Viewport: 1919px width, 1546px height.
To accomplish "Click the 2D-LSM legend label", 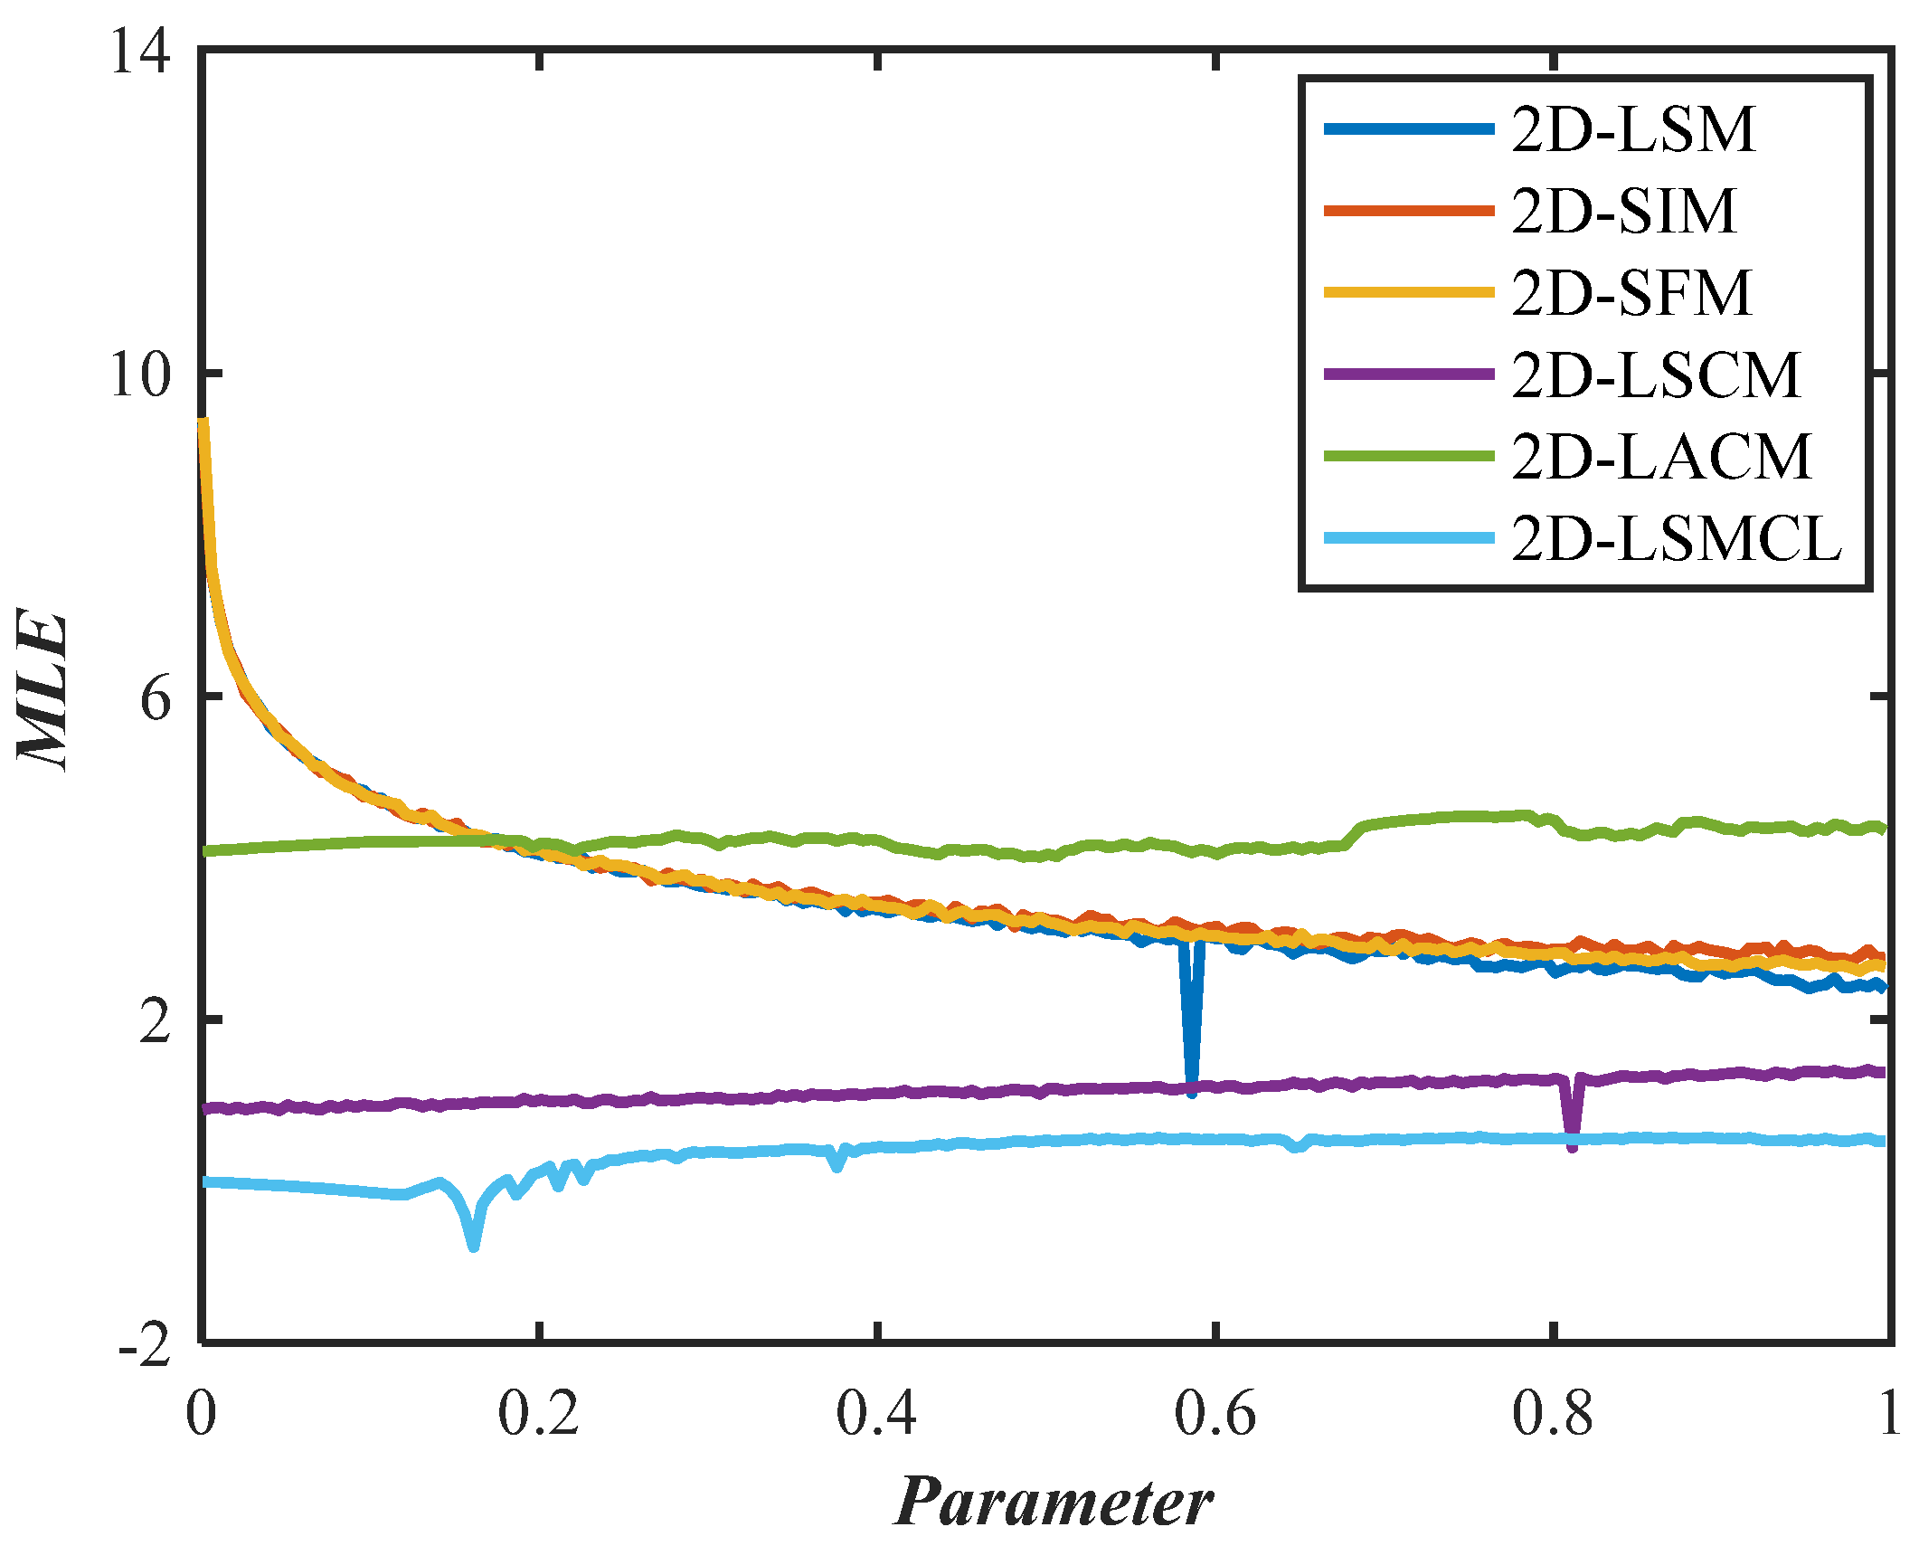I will [x=1633, y=129].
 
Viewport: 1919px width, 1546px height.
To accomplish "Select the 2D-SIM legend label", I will [x=1624, y=212].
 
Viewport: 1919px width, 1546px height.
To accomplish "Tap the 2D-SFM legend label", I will [x=1631, y=293].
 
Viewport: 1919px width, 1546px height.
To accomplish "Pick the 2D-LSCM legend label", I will [x=1656, y=375].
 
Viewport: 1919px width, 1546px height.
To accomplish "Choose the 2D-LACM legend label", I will [x=1661, y=457].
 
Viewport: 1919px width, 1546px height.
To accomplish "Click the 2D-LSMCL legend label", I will [x=1676, y=539].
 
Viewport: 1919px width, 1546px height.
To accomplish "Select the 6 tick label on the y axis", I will [x=156, y=697].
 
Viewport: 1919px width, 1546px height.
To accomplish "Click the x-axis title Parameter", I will [x=1054, y=1503].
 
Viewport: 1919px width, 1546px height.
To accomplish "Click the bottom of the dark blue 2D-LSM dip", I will [x=1192, y=1091].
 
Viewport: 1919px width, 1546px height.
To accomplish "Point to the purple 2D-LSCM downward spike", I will [x=1572, y=1146].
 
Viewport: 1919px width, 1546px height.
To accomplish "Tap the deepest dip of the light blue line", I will [x=473, y=1247].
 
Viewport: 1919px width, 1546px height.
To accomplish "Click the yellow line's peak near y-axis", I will [x=203, y=422].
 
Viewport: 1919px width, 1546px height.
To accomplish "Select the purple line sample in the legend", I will [x=1408, y=375].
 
